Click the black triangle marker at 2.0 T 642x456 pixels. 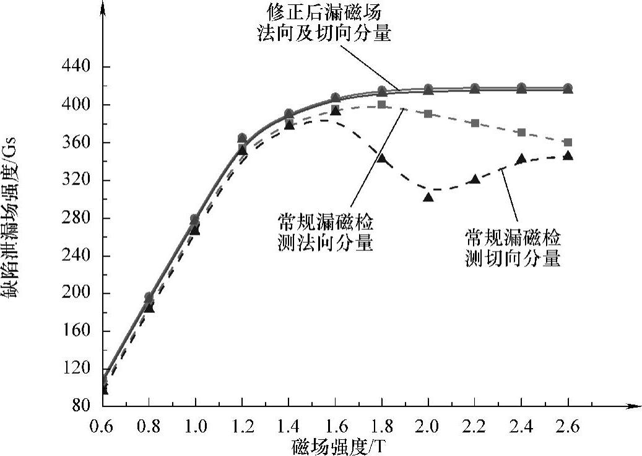[x=428, y=197]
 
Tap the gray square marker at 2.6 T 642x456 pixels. [x=568, y=142]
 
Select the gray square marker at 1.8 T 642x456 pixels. [x=382, y=104]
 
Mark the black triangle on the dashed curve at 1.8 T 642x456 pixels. [x=382, y=159]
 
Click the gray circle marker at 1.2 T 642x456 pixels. [x=242, y=138]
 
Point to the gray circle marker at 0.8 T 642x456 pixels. [x=149, y=297]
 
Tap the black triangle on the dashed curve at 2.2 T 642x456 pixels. [x=475, y=179]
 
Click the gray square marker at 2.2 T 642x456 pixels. [x=475, y=123]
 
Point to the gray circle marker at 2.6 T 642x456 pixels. [x=568, y=87]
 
